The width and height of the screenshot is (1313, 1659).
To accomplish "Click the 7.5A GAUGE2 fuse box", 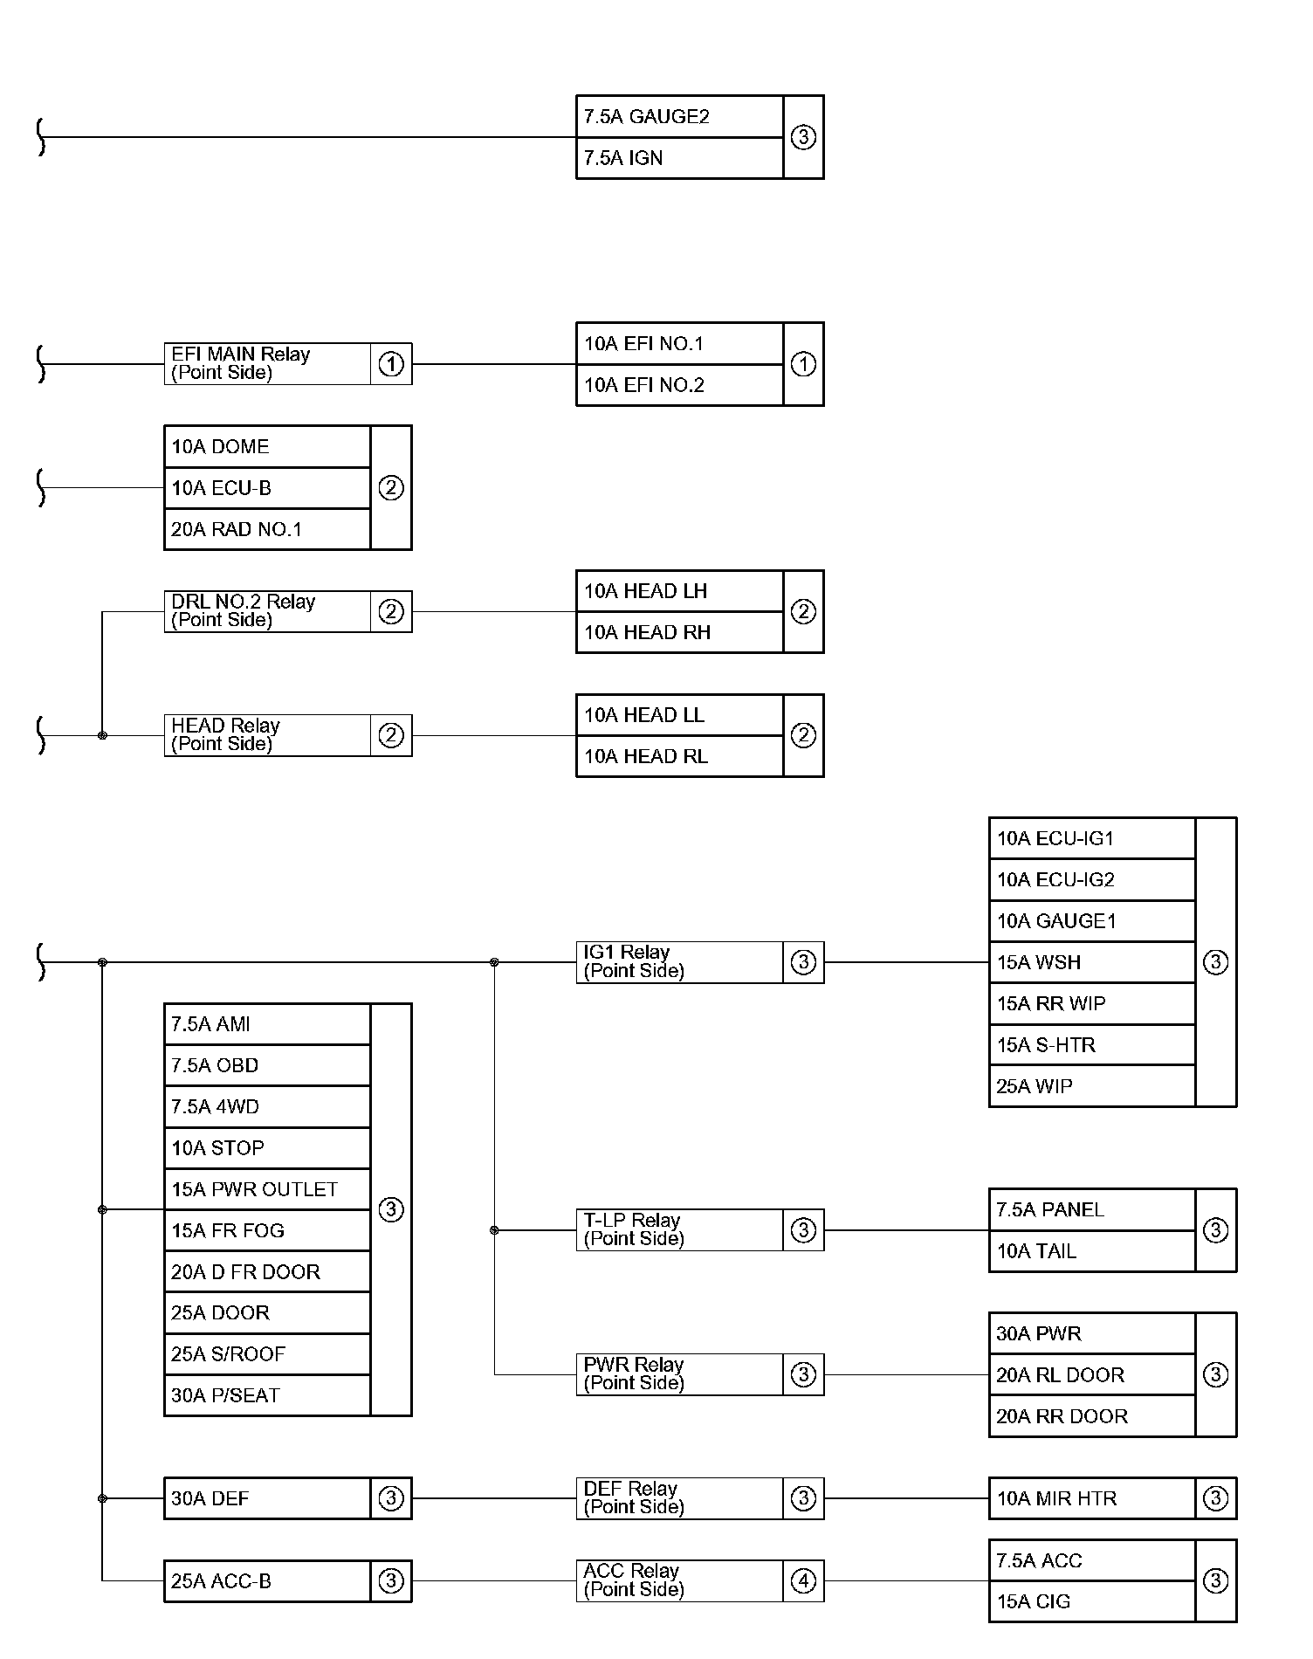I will pos(679,117).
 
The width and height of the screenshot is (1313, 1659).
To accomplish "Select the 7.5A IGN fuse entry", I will pos(679,158).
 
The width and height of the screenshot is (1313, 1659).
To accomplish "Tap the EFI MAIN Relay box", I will pos(267,364).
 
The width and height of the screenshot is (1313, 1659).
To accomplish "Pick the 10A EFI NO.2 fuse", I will pos(679,385).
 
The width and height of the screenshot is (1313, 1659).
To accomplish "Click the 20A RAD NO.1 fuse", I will pos(267,529).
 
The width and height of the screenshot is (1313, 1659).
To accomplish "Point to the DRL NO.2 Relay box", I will pos(267,611).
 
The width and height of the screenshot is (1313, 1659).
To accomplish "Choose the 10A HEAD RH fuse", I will pos(679,632).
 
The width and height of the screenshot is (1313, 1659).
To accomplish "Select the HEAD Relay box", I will pos(267,735).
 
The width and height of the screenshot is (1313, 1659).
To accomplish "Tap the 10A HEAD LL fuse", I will pos(679,715).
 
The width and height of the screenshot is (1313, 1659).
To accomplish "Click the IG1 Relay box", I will pos(679,962).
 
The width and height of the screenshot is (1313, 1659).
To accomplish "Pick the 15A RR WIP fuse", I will pos(1091,1004).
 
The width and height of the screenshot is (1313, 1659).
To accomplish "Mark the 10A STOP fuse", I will pos(267,1148).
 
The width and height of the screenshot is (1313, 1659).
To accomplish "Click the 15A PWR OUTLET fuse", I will pos(267,1189).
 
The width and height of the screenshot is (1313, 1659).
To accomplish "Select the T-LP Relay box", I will pos(679,1230).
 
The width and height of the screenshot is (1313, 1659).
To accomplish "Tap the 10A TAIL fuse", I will pos(1091,1251).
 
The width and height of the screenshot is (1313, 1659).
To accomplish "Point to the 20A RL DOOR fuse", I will pos(1091,1375).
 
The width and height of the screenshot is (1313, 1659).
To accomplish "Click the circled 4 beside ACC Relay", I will pos(803,1581).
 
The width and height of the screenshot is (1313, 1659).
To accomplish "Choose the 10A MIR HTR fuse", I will pos(1091,1498).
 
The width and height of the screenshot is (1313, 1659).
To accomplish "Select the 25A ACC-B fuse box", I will pos(267,1581).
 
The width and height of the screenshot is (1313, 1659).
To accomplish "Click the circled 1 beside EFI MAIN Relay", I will pos(391,364).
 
